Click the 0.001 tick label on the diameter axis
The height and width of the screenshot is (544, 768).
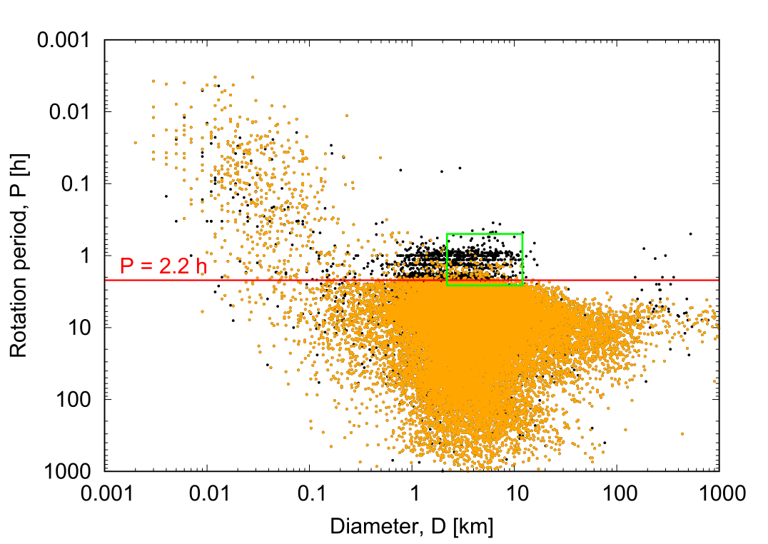coord(104,493)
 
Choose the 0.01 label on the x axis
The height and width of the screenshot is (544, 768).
coord(207,493)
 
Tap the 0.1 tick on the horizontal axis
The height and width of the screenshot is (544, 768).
coord(309,493)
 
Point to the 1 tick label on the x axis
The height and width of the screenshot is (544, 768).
coord(412,493)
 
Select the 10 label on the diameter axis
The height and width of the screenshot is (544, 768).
coord(514,493)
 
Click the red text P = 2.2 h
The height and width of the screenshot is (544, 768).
coord(163,267)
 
